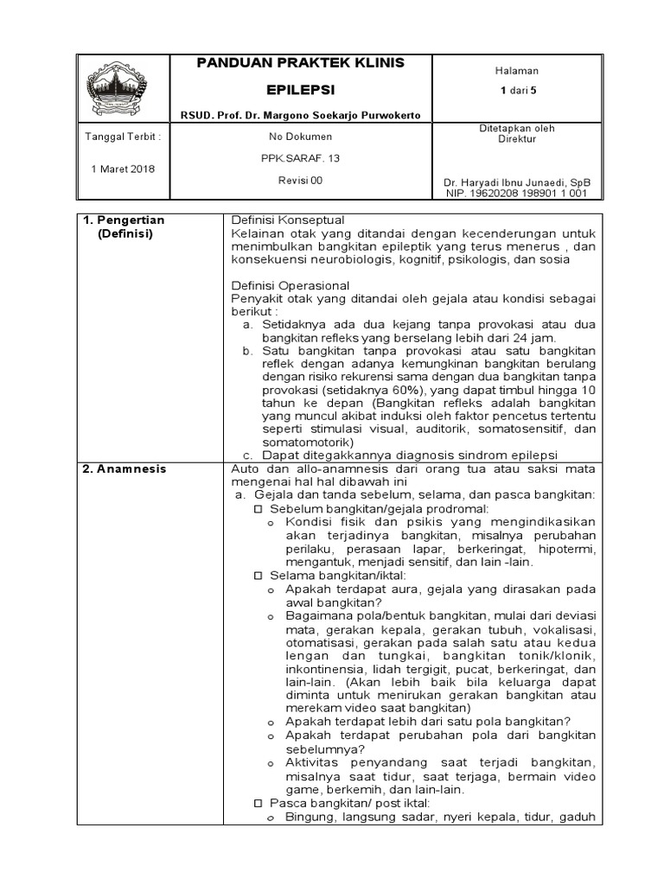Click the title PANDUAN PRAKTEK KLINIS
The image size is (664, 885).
[x=301, y=63]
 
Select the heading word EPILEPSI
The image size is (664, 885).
[x=300, y=90]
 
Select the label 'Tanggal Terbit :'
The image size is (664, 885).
[x=123, y=137]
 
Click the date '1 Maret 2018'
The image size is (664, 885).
[x=123, y=169]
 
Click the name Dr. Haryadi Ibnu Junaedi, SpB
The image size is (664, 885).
[x=516, y=183]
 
